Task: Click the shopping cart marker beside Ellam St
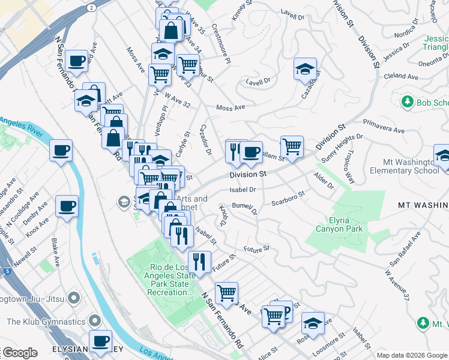point(292,146)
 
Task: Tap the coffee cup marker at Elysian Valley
point(101,341)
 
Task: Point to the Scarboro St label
point(288,198)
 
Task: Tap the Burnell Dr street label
point(244,208)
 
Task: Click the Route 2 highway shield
point(91,7)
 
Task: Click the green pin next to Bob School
point(408,102)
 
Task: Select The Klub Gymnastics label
point(46,322)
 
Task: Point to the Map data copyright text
point(412,355)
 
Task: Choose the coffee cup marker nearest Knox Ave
point(67,206)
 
